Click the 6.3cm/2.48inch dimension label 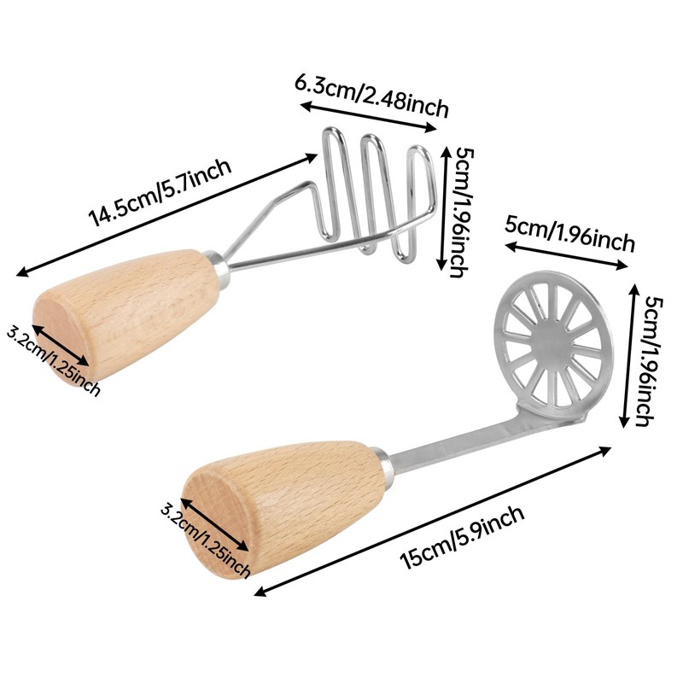(372, 95)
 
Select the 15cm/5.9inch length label (462, 539)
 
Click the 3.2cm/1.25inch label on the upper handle (54, 359)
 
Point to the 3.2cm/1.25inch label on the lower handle (205, 538)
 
